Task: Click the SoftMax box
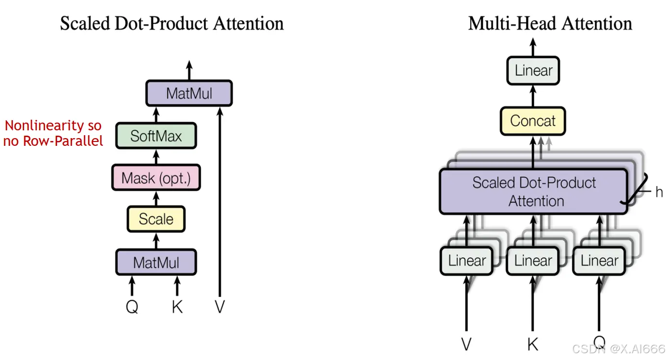point(156,136)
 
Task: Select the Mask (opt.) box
point(156,178)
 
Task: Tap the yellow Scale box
point(156,219)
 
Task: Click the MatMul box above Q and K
point(156,263)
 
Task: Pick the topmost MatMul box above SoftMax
point(189,93)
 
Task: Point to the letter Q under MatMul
point(132,306)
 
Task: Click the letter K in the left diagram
point(177,306)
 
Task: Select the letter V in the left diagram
point(220,306)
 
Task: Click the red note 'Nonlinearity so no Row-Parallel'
point(53,133)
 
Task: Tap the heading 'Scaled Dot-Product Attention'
point(171,23)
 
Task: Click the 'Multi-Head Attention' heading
point(550,23)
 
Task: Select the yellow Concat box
point(533,121)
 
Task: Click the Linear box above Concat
point(533,71)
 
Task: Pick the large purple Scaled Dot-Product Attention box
point(534,191)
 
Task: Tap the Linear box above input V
point(467,261)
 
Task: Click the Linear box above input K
point(533,261)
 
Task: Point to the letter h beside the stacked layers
point(659,192)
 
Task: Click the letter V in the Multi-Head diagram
point(466,344)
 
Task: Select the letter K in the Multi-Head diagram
point(532,344)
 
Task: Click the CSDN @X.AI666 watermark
point(619,349)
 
